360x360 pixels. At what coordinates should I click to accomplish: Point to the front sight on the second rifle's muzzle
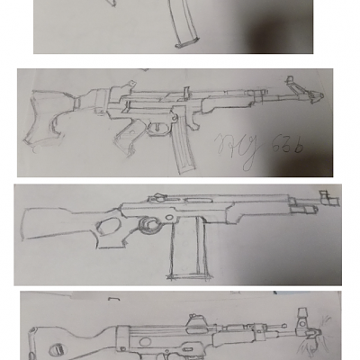(292, 84)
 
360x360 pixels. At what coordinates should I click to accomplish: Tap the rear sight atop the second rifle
(187, 90)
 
